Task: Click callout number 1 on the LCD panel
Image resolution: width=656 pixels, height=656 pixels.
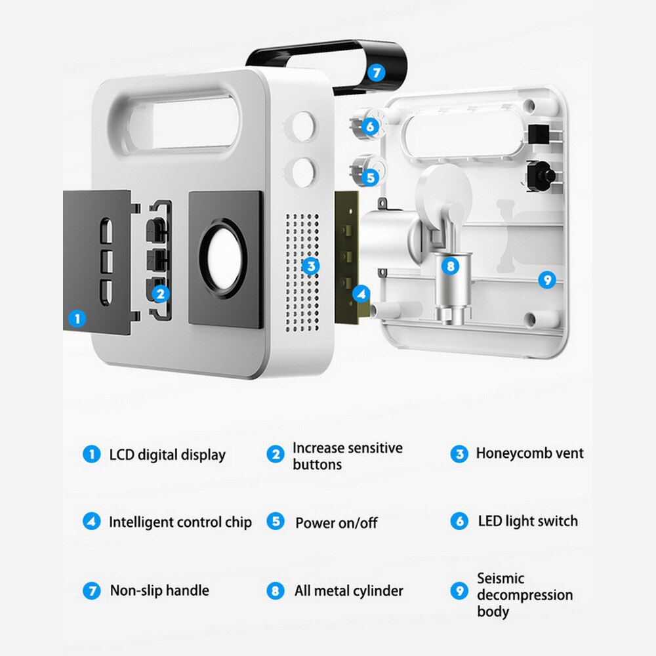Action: pyautogui.click(x=77, y=319)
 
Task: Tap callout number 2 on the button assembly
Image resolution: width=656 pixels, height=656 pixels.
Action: pyautogui.click(x=159, y=295)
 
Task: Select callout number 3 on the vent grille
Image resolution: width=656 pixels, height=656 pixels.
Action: pyautogui.click(x=312, y=266)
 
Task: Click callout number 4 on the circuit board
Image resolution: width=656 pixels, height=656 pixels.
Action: pyautogui.click(x=361, y=295)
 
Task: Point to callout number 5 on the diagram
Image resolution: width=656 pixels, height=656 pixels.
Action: pyautogui.click(x=371, y=177)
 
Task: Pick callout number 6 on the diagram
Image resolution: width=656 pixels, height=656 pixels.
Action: pyautogui.click(x=371, y=127)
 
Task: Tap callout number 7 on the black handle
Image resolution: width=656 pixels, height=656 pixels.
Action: pyautogui.click(x=375, y=73)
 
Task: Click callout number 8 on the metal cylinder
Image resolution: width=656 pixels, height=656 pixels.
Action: pyautogui.click(x=449, y=266)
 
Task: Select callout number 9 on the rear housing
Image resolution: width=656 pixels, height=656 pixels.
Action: pyautogui.click(x=546, y=280)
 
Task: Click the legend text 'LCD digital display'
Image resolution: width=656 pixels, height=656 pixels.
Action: pyautogui.click(x=167, y=455)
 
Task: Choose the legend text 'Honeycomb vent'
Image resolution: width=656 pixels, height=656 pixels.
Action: pyautogui.click(x=529, y=453)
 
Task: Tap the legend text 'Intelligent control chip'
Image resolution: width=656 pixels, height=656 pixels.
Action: pyautogui.click(x=180, y=522)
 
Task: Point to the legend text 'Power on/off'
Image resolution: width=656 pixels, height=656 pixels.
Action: pyautogui.click(x=336, y=523)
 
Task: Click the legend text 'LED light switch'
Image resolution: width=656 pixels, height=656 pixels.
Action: pyautogui.click(x=527, y=522)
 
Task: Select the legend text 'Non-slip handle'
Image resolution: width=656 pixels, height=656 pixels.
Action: pyautogui.click(x=159, y=590)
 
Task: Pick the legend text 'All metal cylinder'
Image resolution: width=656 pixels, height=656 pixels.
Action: pyautogui.click(x=348, y=591)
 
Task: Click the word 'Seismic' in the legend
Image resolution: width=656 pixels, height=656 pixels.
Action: pyautogui.click(x=501, y=579)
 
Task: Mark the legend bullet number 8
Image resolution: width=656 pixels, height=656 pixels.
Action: pyautogui.click(x=276, y=590)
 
